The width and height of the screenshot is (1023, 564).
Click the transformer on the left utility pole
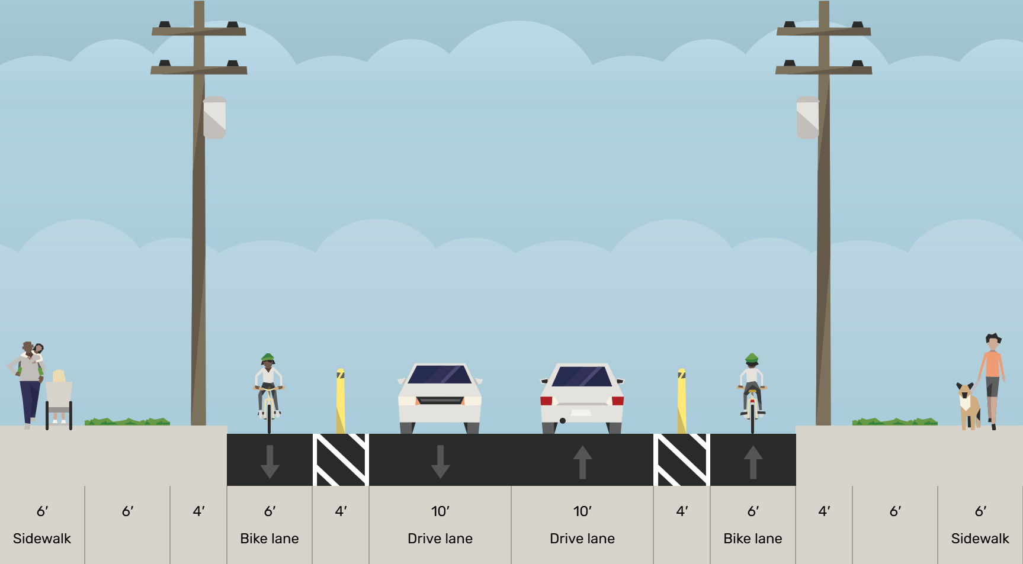click(214, 118)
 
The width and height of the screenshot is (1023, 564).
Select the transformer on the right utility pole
click(808, 118)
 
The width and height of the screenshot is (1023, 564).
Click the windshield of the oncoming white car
click(440, 375)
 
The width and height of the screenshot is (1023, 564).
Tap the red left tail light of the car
click(546, 401)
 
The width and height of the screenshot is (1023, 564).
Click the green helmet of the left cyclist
click(268, 358)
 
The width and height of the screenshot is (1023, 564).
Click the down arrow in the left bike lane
click(270, 461)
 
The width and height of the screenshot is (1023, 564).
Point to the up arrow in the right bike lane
click(753, 461)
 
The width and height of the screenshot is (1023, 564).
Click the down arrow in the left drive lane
click(440, 461)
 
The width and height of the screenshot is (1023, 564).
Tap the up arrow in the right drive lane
click(582, 461)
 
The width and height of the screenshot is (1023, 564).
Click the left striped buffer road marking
click(341, 460)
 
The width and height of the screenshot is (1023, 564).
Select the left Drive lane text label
click(440, 539)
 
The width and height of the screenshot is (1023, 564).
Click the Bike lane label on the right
click(753, 539)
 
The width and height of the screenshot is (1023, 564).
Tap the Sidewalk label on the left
click(42, 539)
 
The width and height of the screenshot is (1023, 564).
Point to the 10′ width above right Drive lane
click(582, 511)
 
